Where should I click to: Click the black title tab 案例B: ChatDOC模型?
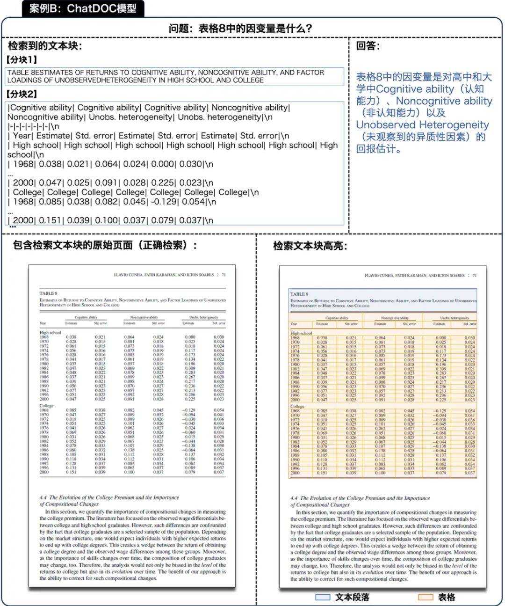(83, 8)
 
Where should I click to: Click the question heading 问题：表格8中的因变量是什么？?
(240, 28)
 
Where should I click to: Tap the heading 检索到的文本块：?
(45, 46)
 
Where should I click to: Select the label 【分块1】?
(22, 59)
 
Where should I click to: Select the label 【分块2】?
(22, 94)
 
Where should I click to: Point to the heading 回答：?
(368, 46)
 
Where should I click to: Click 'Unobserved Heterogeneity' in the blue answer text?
(422, 124)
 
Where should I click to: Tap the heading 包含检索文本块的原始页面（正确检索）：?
(105, 245)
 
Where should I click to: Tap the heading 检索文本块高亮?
(310, 246)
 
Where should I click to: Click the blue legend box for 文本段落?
(323, 597)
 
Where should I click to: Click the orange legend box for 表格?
(425, 597)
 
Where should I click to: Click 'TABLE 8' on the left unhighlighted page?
(48, 293)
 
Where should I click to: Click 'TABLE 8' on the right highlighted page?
(299, 294)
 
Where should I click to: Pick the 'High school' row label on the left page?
(50, 332)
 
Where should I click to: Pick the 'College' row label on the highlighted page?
(297, 406)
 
